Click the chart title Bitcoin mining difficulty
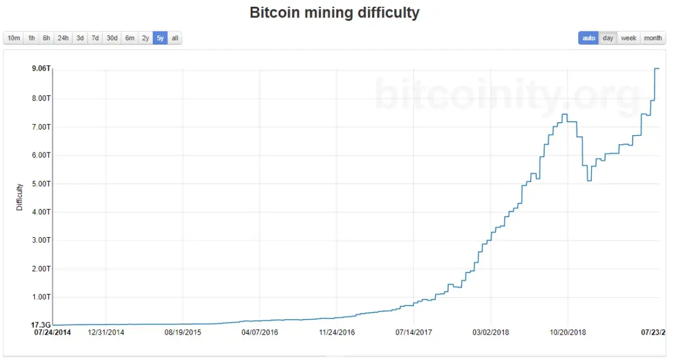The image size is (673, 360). click(x=334, y=13)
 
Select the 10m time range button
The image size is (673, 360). click(x=13, y=38)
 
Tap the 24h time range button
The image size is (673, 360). click(x=63, y=38)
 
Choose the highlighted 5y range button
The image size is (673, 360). click(x=160, y=38)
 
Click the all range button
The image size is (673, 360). click(x=175, y=38)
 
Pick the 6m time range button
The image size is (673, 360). click(x=130, y=38)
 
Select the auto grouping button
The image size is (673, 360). click(x=588, y=38)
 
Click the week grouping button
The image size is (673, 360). click(x=628, y=38)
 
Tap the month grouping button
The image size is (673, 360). click(x=653, y=38)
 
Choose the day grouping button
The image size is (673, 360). click(x=608, y=38)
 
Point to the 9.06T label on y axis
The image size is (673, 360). click(x=42, y=69)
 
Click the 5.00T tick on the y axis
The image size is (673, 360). click(x=42, y=183)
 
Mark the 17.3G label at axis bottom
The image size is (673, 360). click(x=42, y=325)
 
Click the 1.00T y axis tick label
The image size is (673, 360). click(x=42, y=297)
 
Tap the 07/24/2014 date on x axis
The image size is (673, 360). click(x=53, y=332)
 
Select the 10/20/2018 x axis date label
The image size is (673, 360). click(x=568, y=332)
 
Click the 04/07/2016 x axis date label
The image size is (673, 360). click(x=260, y=332)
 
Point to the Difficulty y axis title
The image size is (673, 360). click(x=20, y=197)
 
